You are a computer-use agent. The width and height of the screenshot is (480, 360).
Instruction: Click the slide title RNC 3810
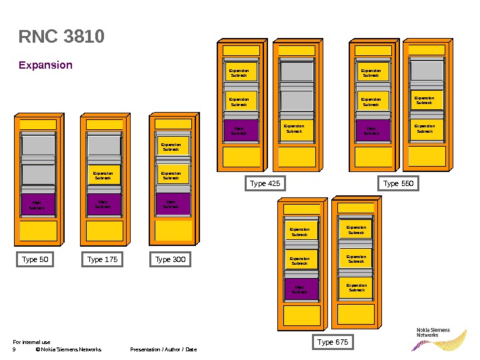[x=61, y=37]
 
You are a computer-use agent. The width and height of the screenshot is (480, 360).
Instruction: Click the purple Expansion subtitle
[x=45, y=65]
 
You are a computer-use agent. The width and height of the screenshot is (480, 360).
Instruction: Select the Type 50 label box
[x=35, y=259]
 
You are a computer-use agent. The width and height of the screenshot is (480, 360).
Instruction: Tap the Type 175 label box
[x=103, y=259]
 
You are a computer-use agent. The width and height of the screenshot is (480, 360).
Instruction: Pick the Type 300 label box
[x=171, y=259]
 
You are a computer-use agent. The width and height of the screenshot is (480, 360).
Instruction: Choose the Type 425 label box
[x=265, y=183]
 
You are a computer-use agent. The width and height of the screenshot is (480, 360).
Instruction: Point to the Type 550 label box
[x=399, y=183]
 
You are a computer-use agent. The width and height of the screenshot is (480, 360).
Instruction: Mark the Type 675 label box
[x=333, y=343]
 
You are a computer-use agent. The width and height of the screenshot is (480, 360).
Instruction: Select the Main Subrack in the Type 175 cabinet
[x=104, y=205]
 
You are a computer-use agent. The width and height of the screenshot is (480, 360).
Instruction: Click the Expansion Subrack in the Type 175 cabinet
[x=104, y=175]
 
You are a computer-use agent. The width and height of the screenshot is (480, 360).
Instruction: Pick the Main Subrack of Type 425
[x=239, y=131]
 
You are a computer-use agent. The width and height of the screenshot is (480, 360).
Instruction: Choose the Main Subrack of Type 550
[x=371, y=131]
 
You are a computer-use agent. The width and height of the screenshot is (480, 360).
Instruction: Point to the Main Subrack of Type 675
[x=301, y=289]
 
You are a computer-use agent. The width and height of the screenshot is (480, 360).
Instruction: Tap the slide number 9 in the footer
[x=14, y=349]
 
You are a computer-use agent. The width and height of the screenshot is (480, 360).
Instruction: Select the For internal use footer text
[x=31, y=342]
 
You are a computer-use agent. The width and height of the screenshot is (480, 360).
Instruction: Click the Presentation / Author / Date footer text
[x=163, y=349]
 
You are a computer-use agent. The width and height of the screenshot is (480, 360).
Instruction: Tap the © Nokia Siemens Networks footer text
[x=69, y=349]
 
